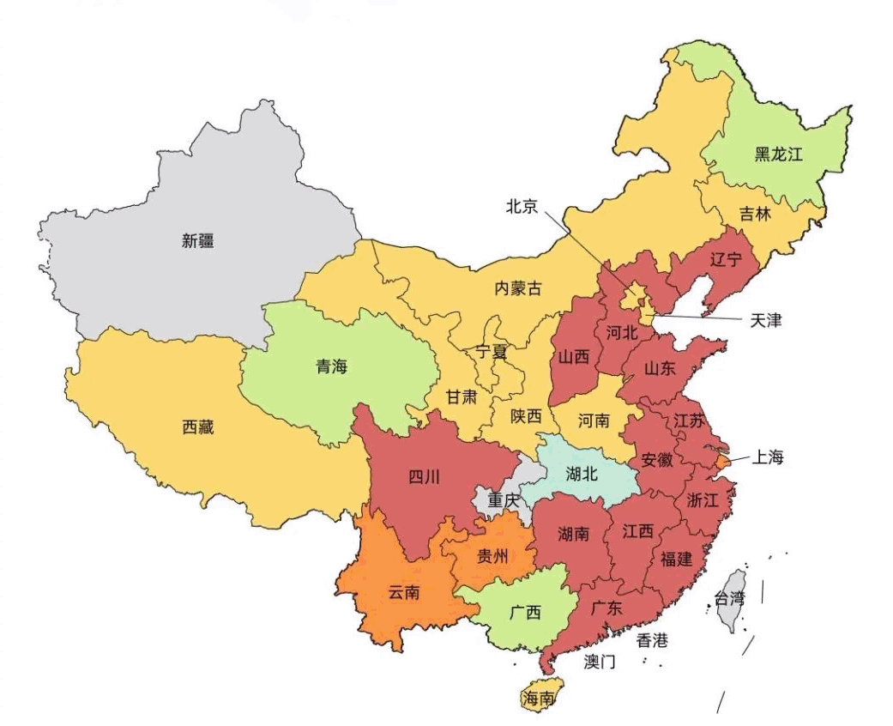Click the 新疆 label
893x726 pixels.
click(x=197, y=241)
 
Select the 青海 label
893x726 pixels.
click(x=331, y=367)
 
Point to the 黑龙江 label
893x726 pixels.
click(x=778, y=154)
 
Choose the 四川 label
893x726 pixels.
click(x=423, y=477)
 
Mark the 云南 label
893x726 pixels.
click(x=403, y=591)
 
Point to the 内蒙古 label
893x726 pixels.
click(x=518, y=288)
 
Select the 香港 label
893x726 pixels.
click(x=651, y=640)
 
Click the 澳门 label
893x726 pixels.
click(x=600, y=662)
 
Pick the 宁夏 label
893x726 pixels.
click(x=492, y=352)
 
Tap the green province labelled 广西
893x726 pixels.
click(x=525, y=613)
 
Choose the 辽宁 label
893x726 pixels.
click(x=726, y=259)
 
